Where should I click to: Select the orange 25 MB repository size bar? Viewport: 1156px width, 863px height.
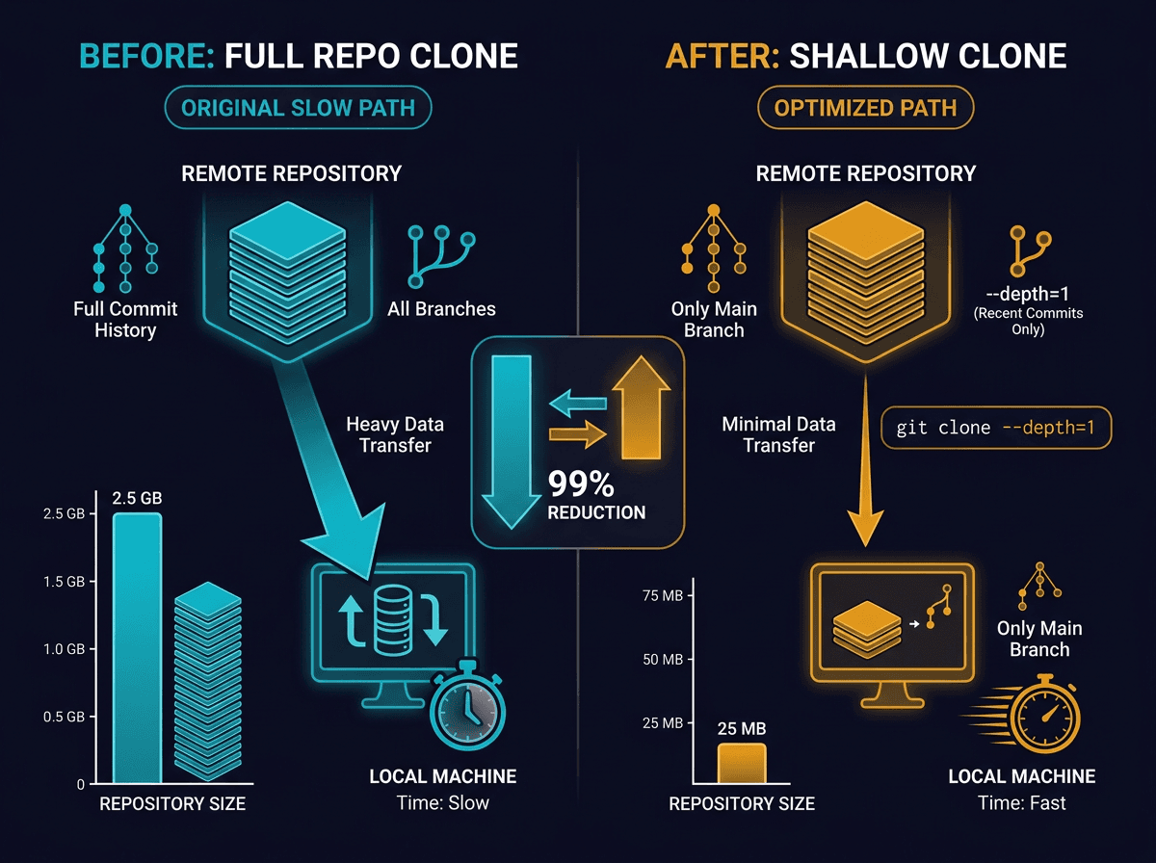coord(741,763)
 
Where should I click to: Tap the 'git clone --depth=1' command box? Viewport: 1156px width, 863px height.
coord(996,428)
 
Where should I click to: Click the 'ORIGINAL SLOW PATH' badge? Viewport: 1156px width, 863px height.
coord(298,108)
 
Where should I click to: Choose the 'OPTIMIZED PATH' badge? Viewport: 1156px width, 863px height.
coord(866,108)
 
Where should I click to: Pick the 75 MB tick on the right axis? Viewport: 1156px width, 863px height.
coord(661,596)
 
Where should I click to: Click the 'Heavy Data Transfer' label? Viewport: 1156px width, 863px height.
coord(395,433)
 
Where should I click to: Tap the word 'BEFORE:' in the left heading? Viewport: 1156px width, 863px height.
coord(146,56)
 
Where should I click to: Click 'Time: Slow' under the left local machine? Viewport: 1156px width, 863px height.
coord(442,802)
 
